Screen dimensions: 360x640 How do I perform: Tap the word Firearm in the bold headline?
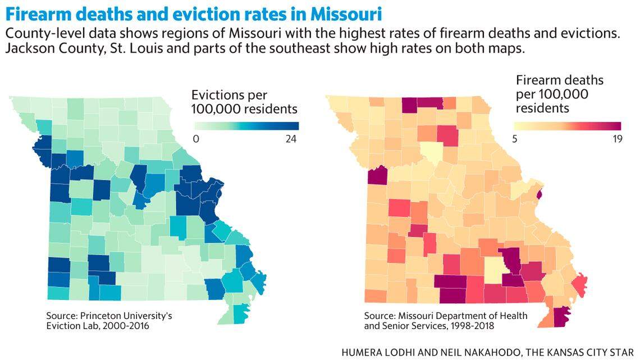coord(36,12)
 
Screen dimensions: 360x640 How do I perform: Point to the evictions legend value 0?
coord(196,139)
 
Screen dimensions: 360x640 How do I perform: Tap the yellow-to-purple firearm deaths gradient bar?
coord(568,126)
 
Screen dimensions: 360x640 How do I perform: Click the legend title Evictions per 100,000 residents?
coord(244,102)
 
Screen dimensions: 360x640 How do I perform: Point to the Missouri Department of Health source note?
coord(445,321)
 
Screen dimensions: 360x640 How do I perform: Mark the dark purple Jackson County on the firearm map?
coord(377,175)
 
